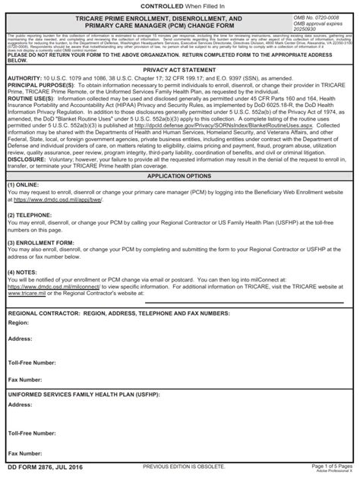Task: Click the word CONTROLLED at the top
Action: click(x=154, y=6)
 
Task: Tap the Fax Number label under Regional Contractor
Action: click(x=25, y=379)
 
